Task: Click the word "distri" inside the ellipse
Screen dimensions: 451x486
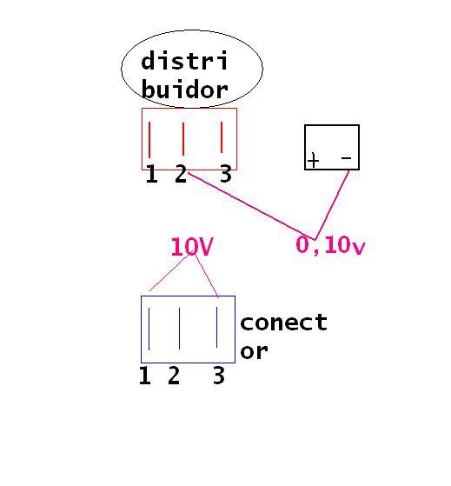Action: tap(184, 61)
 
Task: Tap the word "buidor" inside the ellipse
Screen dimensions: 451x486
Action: tap(185, 90)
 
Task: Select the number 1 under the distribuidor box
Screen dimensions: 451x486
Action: tap(151, 174)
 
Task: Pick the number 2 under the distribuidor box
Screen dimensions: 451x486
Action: tap(181, 173)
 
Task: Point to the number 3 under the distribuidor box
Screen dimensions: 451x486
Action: tap(226, 174)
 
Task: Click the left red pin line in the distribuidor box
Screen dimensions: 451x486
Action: tap(149, 139)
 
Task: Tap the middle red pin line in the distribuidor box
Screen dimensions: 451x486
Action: tap(183, 139)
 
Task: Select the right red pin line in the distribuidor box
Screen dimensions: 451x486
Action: tap(222, 137)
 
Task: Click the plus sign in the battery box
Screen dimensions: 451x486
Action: tap(313, 161)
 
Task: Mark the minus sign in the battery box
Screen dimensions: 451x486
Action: tap(347, 158)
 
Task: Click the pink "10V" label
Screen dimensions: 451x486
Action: tap(192, 247)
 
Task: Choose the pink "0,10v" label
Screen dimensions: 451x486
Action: tap(330, 245)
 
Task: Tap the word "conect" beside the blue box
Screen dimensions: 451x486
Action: tap(284, 323)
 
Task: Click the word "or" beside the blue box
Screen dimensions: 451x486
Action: tap(254, 351)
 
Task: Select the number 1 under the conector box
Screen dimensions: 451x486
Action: tap(145, 376)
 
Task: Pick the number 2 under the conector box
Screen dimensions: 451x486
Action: tap(174, 375)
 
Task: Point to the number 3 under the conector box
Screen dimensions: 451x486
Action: tap(219, 375)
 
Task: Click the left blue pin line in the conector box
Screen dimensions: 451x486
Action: tap(149, 329)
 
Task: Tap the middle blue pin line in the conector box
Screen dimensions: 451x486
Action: tap(179, 329)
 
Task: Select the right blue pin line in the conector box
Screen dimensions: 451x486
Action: tap(217, 327)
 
